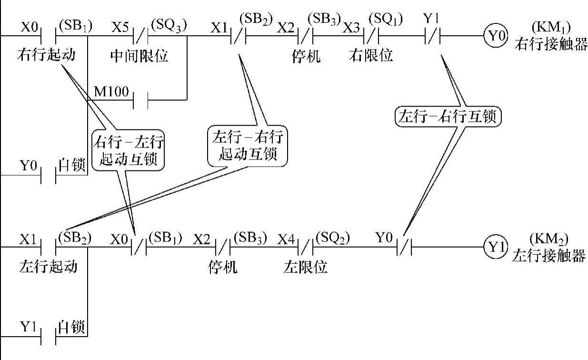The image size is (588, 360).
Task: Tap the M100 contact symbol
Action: click(141, 100)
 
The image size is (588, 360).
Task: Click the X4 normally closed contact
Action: click(306, 247)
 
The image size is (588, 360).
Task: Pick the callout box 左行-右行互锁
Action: click(448, 116)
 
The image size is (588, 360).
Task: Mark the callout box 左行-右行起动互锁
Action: click(248, 146)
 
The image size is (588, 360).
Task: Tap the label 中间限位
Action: click(139, 56)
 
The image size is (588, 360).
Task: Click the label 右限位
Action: click(371, 55)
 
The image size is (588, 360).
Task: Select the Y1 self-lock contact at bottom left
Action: click(49, 337)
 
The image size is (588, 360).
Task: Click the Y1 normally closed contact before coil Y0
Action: click(431, 36)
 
